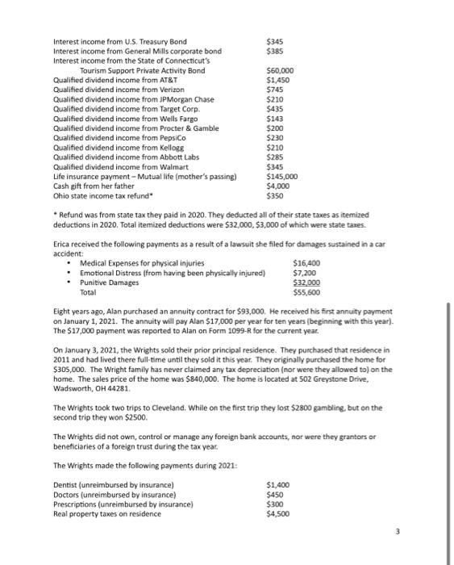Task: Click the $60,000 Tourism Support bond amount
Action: [280, 70]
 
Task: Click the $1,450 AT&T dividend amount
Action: [278, 81]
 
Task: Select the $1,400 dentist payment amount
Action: [279, 484]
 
